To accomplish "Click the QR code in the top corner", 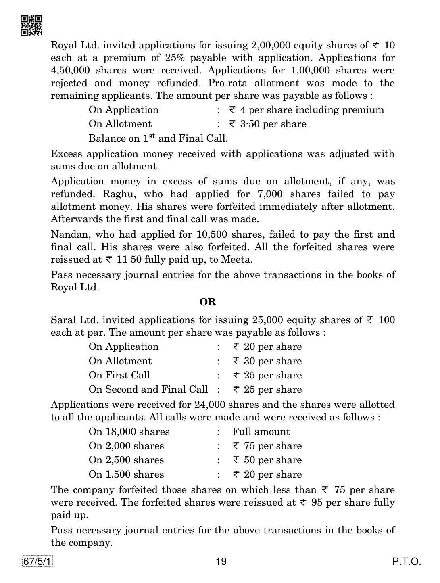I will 31,25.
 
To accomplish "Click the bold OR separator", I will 208,302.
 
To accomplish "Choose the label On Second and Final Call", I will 148,389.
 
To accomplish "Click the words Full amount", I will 261,432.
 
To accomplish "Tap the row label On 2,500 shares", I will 126,460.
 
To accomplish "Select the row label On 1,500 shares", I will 126,474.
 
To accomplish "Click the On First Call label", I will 119,375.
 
